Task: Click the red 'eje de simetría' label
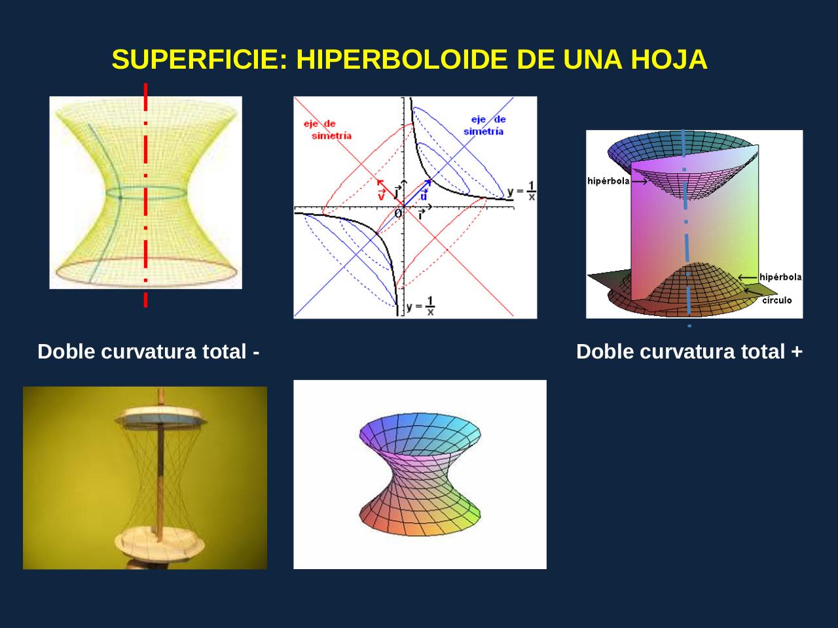(327, 130)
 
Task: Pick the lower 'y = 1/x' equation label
(421, 306)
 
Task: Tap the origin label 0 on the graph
(397, 213)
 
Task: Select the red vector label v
(381, 195)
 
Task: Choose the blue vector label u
(424, 196)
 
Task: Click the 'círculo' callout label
(777, 301)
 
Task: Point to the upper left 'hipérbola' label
(608, 181)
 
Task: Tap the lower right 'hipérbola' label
(780, 277)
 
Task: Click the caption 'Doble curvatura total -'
(149, 352)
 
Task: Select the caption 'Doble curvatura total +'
(689, 352)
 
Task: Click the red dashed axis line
(145, 196)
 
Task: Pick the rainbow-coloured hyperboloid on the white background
(420, 474)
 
